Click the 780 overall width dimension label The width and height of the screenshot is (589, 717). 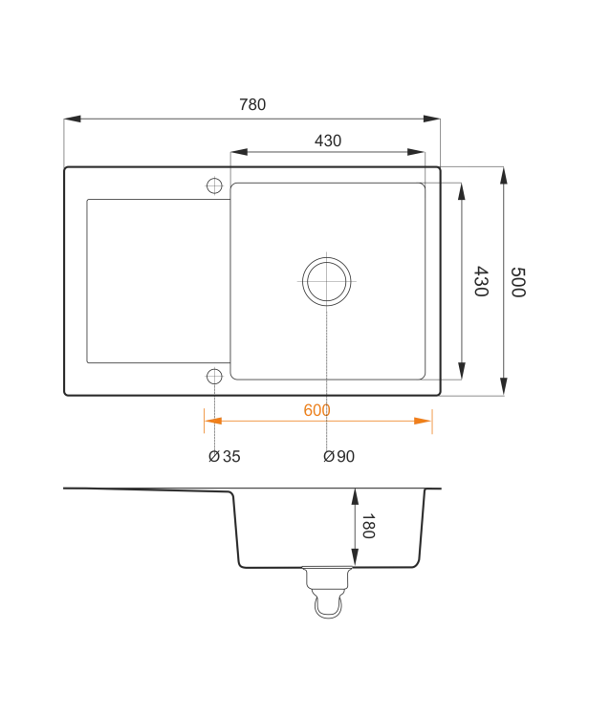pos(252,105)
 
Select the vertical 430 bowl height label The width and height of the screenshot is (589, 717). pos(481,281)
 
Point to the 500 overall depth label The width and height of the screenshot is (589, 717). pos(518,282)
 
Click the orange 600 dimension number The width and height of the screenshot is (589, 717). pos(316,410)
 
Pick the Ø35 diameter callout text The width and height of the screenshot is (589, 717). pos(224,456)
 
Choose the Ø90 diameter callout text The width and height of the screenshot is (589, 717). pos(338,456)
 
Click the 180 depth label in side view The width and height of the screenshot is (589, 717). pos(368,527)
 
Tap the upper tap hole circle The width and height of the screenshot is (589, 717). pos(214,186)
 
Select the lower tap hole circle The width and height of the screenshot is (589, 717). pos(214,377)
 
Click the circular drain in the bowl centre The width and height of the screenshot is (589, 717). pos(326,281)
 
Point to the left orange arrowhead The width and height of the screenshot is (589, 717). pos(213,421)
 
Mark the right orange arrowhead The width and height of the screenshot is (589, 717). pos(423,421)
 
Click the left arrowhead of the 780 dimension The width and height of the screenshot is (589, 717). pos(73,119)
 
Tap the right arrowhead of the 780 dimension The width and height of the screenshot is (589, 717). pos(431,119)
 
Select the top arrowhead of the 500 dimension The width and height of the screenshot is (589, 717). pos(504,176)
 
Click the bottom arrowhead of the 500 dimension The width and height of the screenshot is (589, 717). pos(504,386)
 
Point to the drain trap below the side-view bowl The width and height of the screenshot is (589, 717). pos(327,592)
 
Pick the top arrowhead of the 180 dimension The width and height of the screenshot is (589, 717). pos(355,497)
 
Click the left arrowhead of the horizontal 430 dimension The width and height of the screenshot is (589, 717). pos(239,152)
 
